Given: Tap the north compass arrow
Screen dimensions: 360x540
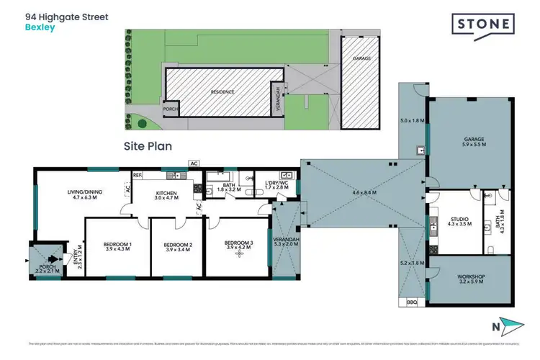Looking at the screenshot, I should click(510, 325).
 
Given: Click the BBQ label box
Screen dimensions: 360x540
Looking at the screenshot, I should click(413, 302).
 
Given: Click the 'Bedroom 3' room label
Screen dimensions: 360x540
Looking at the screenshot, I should click(237, 243).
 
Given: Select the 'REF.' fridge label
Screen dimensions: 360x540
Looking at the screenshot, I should click(137, 174).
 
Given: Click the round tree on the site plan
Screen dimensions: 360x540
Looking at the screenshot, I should click(143, 124).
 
